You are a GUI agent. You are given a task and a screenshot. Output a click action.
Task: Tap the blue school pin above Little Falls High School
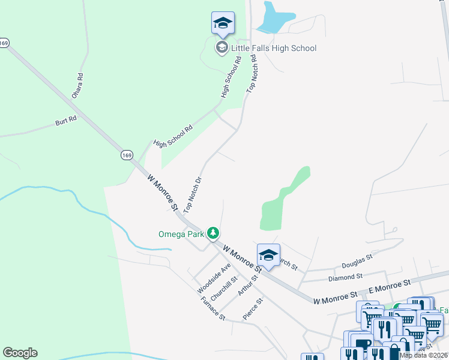tap(223, 23)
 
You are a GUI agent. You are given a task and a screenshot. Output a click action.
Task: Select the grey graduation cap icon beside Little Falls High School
tap(221, 47)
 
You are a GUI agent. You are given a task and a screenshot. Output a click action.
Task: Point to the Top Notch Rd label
tap(252, 74)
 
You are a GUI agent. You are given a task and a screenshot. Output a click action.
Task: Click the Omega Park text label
tap(181, 233)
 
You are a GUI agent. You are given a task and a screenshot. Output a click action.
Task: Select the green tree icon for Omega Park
tap(212, 232)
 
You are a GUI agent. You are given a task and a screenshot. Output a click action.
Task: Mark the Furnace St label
tap(213, 308)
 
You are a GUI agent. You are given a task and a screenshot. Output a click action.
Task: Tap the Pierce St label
tap(253, 308)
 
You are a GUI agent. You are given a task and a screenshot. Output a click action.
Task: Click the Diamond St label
tap(345, 277)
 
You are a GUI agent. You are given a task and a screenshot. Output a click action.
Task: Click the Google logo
tap(20, 353)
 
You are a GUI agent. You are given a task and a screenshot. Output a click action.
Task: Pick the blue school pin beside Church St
tap(268, 256)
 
